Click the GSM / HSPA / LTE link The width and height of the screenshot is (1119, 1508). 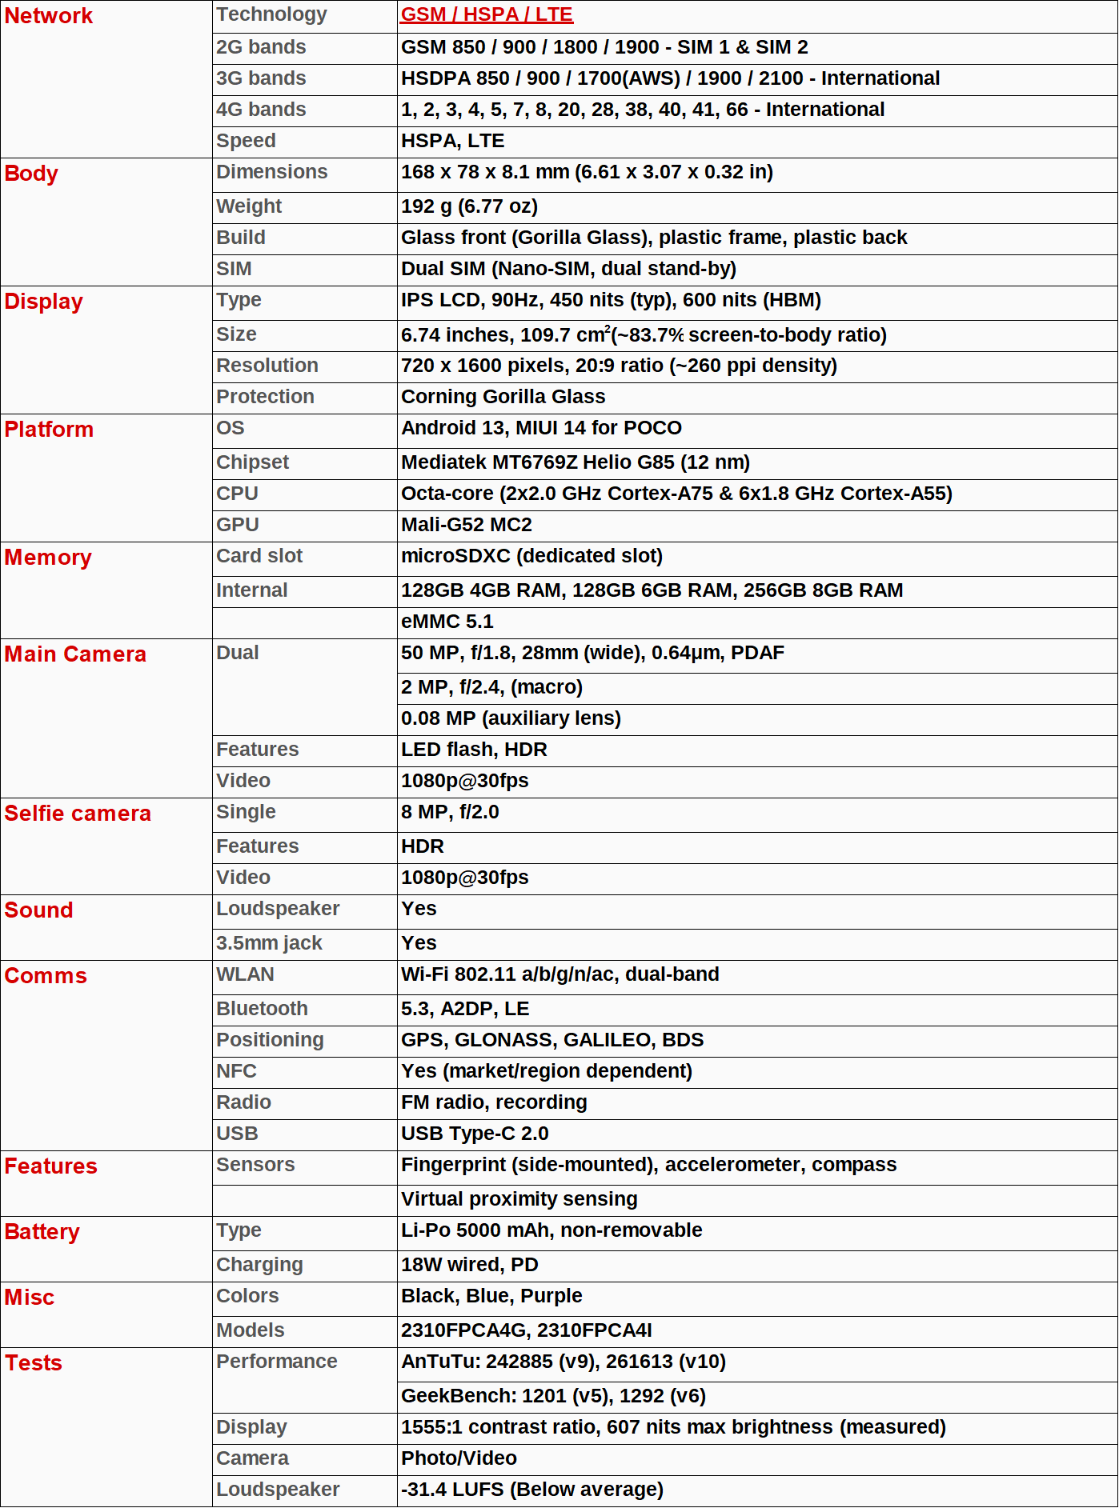(x=487, y=14)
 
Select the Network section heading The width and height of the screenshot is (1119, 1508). (x=49, y=16)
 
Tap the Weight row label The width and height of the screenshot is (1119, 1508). (x=249, y=206)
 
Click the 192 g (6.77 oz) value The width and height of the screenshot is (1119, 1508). (x=469, y=206)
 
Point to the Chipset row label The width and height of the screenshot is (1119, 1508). (x=252, y=462)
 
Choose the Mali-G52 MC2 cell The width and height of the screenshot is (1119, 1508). (x=467, y=525)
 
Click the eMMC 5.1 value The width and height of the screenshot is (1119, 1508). (x=447, y=622)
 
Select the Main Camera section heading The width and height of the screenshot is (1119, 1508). (x=75, y=654)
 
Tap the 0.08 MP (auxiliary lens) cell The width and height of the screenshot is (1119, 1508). (x=511, y=718)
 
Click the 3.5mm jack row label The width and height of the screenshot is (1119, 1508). (x=269, y=943)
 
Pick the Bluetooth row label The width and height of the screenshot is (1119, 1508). (x=262, y=1009)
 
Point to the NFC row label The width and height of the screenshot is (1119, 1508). (x=236, y=1071)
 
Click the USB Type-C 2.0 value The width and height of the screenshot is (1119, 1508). (x=475, y=1134)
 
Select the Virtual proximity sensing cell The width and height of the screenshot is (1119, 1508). (x=519, y=1199)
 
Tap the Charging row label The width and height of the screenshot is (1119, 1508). (x=259, y=1265)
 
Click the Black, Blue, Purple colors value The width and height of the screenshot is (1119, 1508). (x=491, y=1296)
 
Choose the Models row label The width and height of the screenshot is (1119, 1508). (x=251, y=1330)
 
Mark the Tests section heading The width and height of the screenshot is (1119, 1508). (x=34, y=1363)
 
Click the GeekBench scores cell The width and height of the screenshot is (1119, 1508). (x=553, y=1396)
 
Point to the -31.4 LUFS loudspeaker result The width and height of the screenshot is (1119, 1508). (x=532, y=1490)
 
